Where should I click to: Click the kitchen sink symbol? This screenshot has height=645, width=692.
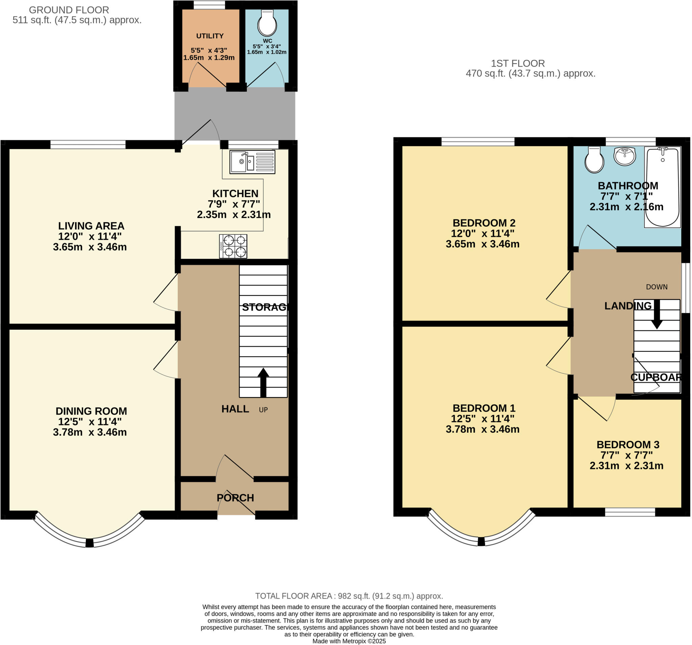click(252, 162)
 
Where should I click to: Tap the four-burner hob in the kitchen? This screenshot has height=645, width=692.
click(233, 246)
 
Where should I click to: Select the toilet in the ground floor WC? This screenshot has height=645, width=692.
click(267, 24)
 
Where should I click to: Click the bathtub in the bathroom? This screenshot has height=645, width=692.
click(662, 187)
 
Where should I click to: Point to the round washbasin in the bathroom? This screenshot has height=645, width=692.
click(625, 156)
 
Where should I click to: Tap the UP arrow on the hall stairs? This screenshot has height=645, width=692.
click(263, 382)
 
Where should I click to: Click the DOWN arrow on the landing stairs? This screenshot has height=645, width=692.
click(657, 314)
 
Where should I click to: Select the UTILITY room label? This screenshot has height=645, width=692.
click(209, 36)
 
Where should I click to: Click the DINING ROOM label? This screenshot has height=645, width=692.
click(91, 411)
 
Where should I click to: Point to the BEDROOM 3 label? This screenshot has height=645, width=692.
click(627, 445)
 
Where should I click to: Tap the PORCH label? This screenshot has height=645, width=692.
click(235, 498)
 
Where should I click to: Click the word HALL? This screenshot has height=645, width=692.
click(235, 409)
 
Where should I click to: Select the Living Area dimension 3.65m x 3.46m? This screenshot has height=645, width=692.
click(90, 247)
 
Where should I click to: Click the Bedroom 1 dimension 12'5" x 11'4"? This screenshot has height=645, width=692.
click(483, 418)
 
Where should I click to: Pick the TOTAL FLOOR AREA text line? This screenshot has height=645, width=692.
click(349, 596)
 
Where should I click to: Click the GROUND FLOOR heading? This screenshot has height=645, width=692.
click(69, 10)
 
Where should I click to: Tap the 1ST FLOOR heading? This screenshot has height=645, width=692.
click(518, 64)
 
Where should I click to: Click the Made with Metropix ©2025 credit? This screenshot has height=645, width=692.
click(349, 641)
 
